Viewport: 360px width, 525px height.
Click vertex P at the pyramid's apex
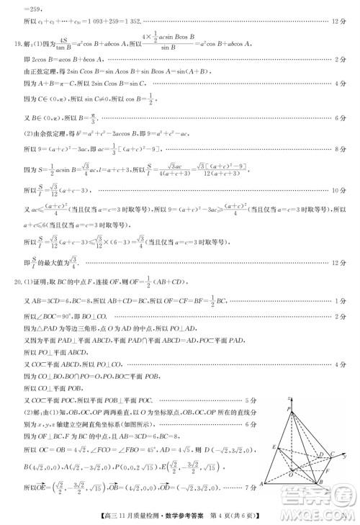(289, 408)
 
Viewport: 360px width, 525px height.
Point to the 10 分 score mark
(343, 190)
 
